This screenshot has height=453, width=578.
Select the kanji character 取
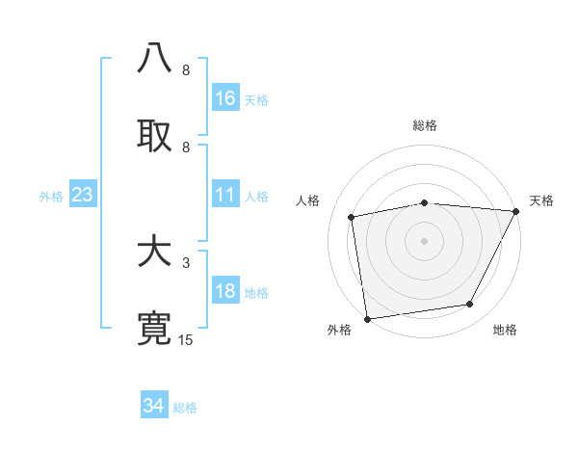154,135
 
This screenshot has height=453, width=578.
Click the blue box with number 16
225,98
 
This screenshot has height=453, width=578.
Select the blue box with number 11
225,195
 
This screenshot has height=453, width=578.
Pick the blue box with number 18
225,292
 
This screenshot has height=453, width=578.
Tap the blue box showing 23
83,195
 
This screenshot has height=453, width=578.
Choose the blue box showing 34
154,406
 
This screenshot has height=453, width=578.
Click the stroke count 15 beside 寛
186,340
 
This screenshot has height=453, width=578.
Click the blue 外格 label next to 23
51,197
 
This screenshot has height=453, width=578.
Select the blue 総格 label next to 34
186,408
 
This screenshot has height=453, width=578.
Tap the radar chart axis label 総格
424,125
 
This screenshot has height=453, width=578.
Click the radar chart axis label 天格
541,200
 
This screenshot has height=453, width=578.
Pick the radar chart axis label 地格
505,331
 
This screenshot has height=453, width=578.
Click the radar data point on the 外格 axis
367,318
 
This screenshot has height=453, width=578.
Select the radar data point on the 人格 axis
352,217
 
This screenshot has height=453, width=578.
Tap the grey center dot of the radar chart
424,240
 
